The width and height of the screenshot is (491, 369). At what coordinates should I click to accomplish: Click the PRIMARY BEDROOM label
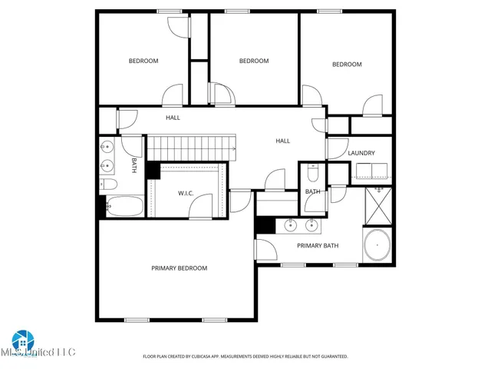[x=179, y=268]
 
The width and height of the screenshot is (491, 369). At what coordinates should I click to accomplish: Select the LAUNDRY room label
[x=361, y=153]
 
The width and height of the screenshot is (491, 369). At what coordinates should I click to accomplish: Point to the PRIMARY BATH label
[x=318, y=246]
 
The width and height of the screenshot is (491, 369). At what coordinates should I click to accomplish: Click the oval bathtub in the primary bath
[x=377, y=246]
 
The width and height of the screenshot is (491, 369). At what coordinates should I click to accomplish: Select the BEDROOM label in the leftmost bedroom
[x=143, y=61]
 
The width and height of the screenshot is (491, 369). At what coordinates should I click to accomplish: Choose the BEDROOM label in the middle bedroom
[x=254, y=61]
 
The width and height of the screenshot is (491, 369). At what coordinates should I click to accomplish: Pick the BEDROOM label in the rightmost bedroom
[x=347, y=65]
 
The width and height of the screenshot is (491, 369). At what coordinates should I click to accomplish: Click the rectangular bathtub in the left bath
[x=124, y=206]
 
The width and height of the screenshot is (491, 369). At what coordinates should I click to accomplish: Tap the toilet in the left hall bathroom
[x=107, y=184]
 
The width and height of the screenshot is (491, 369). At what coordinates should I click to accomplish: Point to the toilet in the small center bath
[x=312, y=171]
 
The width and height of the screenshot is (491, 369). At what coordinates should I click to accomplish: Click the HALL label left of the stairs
[x=173, y=118]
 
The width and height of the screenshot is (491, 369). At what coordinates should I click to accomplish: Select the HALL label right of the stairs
[x=283, y=141]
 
